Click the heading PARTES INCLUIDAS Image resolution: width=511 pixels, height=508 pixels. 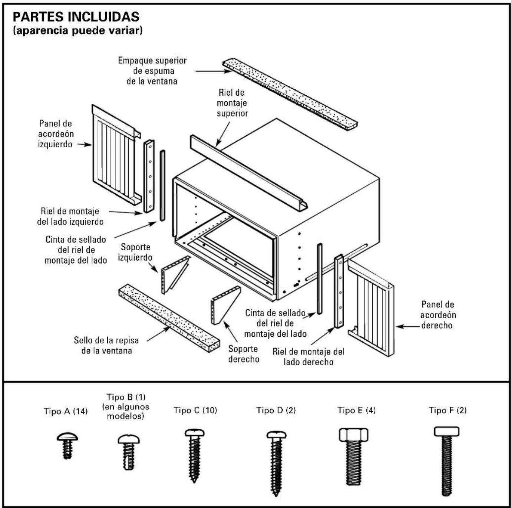[76, 17]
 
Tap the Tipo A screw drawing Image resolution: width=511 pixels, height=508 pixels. [67, 445]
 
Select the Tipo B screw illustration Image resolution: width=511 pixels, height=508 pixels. [129, 452]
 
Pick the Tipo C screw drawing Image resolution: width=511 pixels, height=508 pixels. [195, 455]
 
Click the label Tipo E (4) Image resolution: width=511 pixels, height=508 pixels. [356, 410]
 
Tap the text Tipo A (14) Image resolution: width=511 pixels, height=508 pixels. [66, 412]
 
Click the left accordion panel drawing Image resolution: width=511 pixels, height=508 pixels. [115, 155]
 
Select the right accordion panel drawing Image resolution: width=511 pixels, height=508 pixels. [371, 307]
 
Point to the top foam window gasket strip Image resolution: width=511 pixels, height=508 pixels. [290, 93]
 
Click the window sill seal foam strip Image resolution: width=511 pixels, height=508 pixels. [169, 318]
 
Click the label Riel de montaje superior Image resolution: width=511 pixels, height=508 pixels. [232, 103]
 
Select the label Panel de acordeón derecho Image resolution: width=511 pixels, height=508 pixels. [438, 315]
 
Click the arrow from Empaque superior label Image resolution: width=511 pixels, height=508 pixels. [214, 71]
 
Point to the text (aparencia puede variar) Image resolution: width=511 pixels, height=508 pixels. [78, 30]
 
